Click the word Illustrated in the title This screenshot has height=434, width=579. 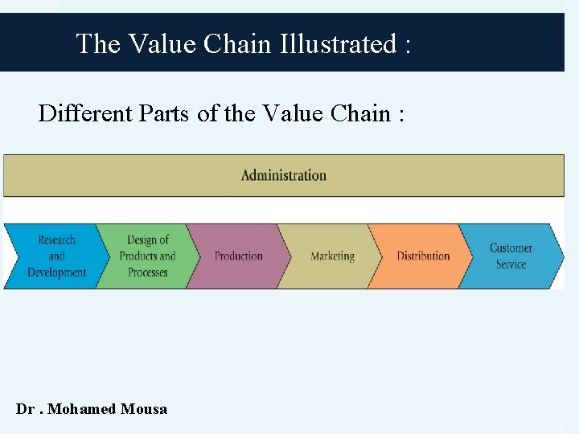pos(338,43)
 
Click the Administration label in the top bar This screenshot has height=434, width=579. pos(284,175)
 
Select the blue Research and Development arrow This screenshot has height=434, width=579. pos(55,256)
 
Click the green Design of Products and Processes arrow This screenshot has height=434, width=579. pos(147,256)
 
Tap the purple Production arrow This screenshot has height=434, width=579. pos(238,256)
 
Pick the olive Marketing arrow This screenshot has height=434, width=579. pos(332,256)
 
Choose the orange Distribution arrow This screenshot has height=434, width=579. pos(423,256)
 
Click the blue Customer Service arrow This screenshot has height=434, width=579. pos(511,256)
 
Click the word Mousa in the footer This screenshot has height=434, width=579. pos(144,409)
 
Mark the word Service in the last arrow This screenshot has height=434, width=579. pos(511,264)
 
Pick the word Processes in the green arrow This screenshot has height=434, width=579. pos(147,272)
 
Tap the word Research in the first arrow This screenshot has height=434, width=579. pos(56,240)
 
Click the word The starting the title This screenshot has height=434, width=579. pos(97,43)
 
